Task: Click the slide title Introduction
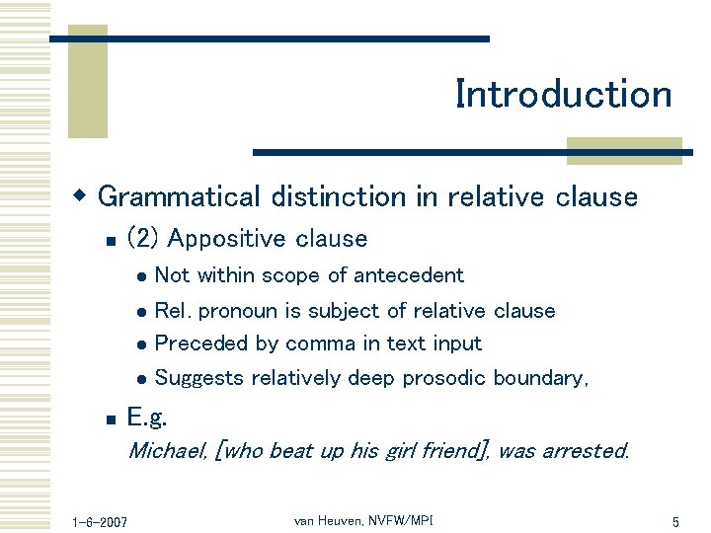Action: [x=563, y=95]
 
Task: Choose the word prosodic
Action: [x=440, y=378]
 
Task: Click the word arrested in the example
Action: [x=583, y=451]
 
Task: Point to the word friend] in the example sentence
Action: [x=454, y=451]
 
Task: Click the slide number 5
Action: [x=675, y=521]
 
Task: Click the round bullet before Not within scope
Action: [x=142, y=277]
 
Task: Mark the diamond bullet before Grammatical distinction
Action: [x=84, y=195]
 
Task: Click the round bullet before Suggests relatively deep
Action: [x=142, y=379]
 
